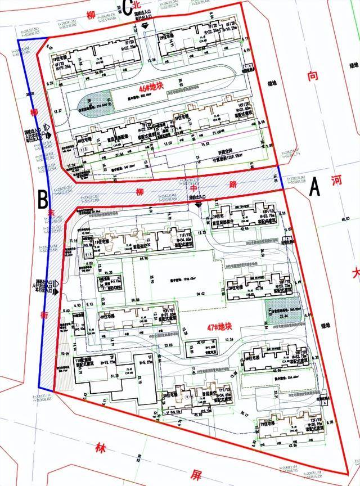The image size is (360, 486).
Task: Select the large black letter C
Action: tap(127, 7)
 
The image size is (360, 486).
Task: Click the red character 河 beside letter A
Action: tap(337, 181)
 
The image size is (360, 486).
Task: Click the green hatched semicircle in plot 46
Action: tap(88, 102)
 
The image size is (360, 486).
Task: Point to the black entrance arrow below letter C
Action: tap(145, 26)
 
